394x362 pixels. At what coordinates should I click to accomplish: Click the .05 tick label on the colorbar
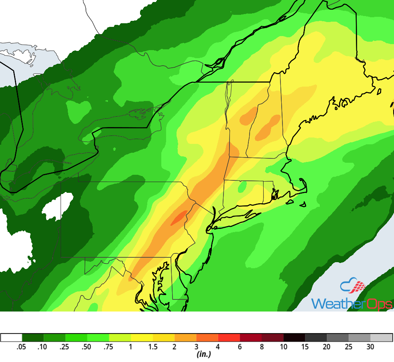click(x=22, y=347)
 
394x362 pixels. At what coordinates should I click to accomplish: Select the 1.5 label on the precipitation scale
click(x=152, y=347)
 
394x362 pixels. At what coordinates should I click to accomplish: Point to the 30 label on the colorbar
click(x=370, y=347)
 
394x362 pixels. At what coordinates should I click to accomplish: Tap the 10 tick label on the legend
click(x=284, y=347)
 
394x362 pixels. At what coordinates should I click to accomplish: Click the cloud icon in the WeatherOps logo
click(x=353, y=286)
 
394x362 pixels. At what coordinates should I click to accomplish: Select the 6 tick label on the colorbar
click(x=240, y=347)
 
